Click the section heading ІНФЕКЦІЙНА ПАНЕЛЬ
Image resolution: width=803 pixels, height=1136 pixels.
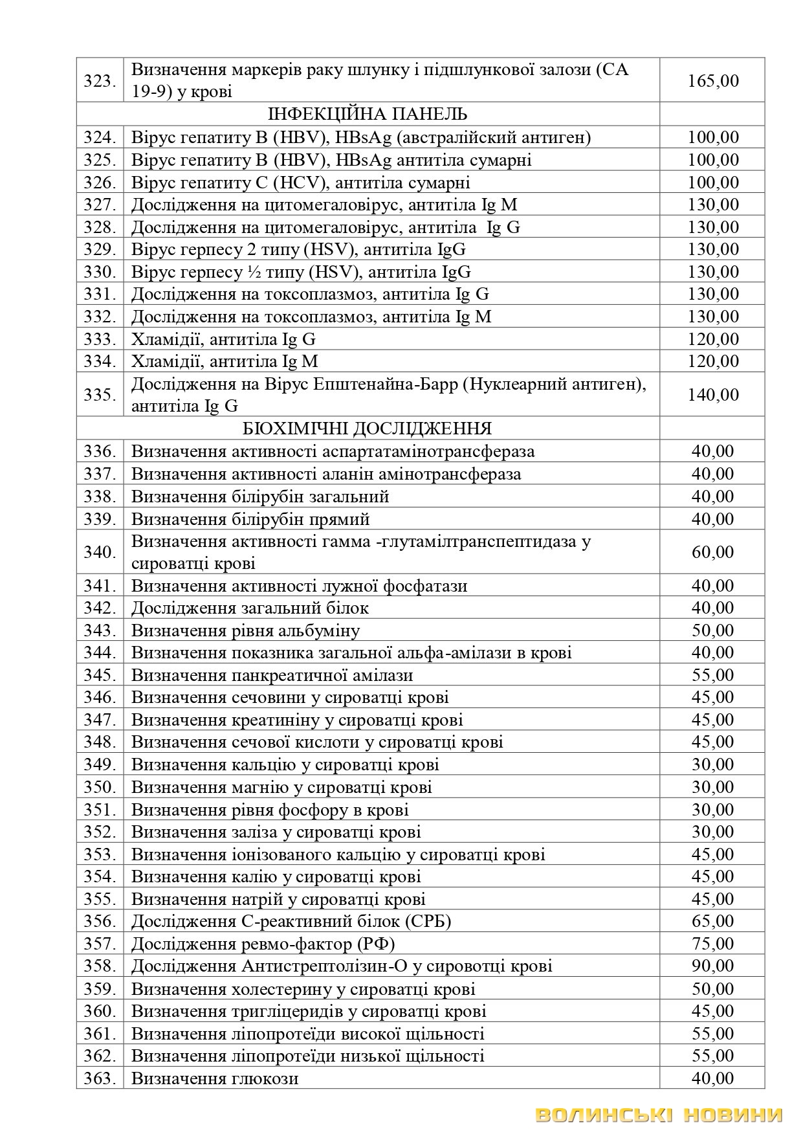(x=368, y=115)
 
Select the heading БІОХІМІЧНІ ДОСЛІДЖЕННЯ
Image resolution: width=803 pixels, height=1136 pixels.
(x=368, y=429)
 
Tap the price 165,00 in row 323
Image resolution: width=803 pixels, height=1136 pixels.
(x=713, y=81)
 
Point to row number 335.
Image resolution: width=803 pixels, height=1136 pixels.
(x=100, y=394)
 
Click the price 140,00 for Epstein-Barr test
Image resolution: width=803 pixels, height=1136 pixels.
(x=713, y=394)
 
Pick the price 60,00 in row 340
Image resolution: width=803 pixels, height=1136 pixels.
(x=713, y=552)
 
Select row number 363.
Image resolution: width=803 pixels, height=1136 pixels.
(x=100, y=1078)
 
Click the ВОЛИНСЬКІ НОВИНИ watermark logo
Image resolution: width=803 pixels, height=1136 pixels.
(x=659, y=1115)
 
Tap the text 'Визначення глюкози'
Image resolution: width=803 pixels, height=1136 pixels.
(x=215, y=1078)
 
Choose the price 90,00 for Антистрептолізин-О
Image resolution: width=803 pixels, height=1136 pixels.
(x=713, y=966)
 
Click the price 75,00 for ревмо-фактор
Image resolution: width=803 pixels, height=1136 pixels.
(x=713, y=944)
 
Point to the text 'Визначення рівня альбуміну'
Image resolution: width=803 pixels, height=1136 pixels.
(x=245, y=630)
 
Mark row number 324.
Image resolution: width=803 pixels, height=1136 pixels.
(x=100, y=137)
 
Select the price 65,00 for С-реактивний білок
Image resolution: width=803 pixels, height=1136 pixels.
(x=713, y=921)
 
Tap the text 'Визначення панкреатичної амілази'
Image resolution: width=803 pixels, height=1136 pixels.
(x=272, y=675)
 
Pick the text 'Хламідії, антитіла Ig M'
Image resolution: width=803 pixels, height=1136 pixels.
(x=225, y=361)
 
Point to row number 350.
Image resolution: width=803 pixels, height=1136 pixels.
(x=100, y=787)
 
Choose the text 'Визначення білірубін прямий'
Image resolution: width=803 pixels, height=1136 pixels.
(x=250, y=519)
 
